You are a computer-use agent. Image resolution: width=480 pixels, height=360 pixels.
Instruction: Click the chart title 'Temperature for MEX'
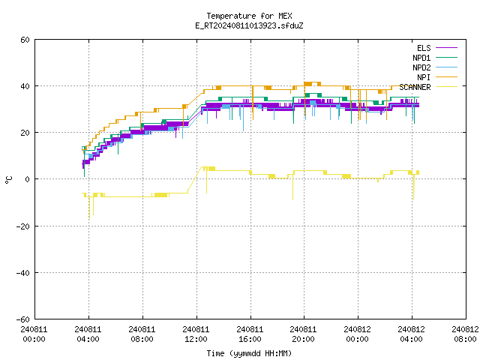point(249,16)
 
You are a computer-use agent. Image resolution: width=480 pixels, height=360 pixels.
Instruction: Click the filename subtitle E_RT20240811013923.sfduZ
point(249,25)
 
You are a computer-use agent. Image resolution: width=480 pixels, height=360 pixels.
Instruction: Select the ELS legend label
point(424,48)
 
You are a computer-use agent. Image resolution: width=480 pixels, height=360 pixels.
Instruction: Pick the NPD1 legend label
point(421,58)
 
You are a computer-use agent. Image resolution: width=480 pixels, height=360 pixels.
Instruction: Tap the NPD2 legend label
point(421,67)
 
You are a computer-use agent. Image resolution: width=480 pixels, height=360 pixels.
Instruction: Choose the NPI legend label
point(424,77)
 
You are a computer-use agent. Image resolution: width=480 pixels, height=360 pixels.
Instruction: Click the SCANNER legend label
point(415,87)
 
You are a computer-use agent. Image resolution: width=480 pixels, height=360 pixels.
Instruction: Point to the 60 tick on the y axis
point(25,40)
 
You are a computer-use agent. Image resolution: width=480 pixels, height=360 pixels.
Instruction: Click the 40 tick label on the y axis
point(25,86)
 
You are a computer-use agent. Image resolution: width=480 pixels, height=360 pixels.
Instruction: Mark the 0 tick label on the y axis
point(27,179)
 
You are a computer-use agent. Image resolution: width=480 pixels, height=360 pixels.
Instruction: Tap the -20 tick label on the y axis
point(23,226)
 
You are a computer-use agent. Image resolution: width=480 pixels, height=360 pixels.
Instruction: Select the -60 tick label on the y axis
point(23,319)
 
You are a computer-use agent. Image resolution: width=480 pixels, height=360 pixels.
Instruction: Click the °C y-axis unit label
point(8,180)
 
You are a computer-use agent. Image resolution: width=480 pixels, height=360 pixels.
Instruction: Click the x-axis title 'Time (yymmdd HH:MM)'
point(249,353)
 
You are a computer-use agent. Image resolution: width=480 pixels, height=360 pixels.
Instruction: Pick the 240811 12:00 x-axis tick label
point(196,334)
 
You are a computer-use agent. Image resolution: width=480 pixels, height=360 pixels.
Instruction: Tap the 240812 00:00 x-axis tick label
point(357,334)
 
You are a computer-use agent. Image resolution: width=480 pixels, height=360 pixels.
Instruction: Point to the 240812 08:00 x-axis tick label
point(465,334)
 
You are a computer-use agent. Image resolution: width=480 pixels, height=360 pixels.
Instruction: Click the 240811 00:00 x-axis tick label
point(34,334)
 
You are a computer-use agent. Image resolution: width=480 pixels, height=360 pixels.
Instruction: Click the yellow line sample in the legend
point(446,87)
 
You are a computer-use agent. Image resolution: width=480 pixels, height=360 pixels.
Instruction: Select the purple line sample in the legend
point(446,48)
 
